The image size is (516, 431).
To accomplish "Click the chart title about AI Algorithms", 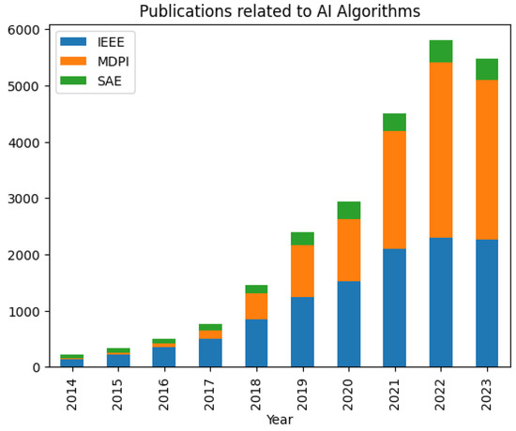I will click(280, 11).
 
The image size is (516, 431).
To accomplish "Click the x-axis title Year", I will click(280, 421).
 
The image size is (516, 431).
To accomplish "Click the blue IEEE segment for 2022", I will click(441, 302).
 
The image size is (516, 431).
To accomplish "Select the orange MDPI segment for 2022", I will click(441, 150).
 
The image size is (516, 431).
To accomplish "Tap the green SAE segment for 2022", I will click(441, 52).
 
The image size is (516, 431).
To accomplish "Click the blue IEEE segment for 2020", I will click(349, 323).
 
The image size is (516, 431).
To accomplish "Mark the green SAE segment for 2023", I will click(487, 69).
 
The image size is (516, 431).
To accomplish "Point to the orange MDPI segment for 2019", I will click(302, 271).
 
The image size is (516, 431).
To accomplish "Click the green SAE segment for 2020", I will click(349, 210).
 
